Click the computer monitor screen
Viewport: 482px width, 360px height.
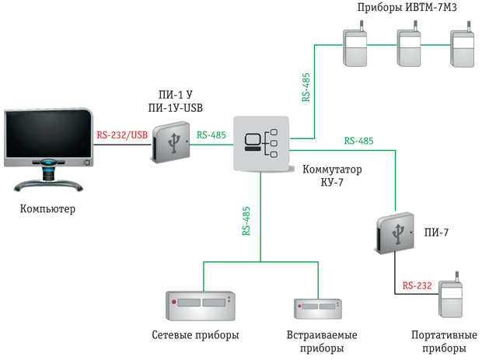point(48,134)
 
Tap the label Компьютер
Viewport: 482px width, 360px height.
point(47,208)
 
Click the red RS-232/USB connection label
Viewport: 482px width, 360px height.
point(122,135)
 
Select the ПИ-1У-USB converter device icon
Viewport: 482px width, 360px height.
point(170,142)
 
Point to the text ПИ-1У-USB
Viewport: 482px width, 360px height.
point(175,108)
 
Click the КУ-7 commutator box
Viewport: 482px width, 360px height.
point(261,143)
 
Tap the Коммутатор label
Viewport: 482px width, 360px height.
point(332,170)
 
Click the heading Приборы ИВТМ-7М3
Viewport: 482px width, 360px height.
point(407,7)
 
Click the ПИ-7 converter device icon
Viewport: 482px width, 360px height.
point(394,233)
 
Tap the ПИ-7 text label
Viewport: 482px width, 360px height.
point(436,232)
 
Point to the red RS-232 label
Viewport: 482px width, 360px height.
point(417,285)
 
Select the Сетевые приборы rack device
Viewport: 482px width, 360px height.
point(201,306)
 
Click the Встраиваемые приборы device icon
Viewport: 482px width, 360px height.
point(318,309)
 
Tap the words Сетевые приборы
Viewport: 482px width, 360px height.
point(195,335)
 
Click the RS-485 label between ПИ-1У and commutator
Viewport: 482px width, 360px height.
point(211,135)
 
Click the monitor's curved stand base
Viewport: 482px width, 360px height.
point(48,185)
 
